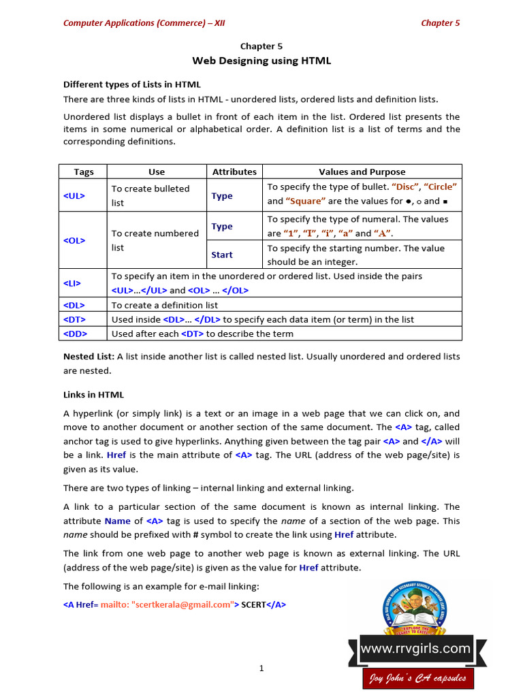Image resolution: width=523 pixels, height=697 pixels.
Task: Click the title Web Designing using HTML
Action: (261, 61)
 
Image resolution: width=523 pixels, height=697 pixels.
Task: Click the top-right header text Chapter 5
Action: (440, 22)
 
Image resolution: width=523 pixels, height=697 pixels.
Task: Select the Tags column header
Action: (84, 172)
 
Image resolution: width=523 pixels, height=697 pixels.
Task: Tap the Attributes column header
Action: (234, 172)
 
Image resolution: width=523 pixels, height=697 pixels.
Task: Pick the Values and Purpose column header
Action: (362, 172)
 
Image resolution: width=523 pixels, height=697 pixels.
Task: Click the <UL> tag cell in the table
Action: (74, 195)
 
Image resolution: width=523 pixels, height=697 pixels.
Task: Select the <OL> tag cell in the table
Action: (74, 240)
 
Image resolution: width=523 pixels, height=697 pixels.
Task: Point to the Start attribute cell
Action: (222, 255)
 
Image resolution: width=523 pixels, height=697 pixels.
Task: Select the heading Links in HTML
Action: (93, 395)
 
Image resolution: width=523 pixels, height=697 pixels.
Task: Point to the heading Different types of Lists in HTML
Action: (132, 84)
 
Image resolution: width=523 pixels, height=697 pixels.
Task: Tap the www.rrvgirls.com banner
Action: (415, 649)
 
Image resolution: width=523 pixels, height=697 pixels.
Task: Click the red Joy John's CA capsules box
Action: (417, 678)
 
